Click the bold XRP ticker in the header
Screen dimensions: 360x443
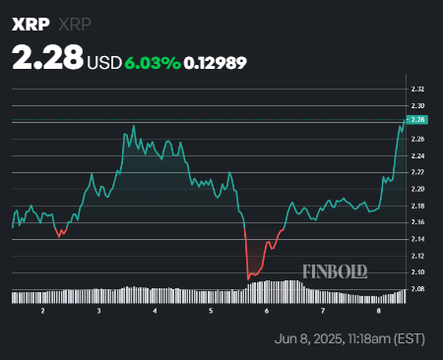click(x=27, y=24)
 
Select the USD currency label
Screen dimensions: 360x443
click(x=104, y=62)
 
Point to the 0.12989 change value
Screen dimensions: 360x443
click(x=215, y=62)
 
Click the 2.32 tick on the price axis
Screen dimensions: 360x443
click(x=417, y=90)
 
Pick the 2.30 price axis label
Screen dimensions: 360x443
click(x=417, y=105)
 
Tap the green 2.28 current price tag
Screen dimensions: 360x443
click(x=417, y=120)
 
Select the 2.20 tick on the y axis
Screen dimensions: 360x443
click(x=417, y=188)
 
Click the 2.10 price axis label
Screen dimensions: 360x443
click(x=417, y=271)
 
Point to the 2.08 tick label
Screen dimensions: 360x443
click(x=417, y=288)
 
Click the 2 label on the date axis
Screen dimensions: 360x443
click(x=43, y=311)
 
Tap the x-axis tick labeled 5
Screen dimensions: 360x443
click(x=211, y=311)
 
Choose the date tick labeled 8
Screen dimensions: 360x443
click(x=379, y=311)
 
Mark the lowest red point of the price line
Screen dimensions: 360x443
click(x=247, y=280)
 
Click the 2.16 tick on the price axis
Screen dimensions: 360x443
click(x=417, y=221)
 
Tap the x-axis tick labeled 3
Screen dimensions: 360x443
click(x=99, y=311)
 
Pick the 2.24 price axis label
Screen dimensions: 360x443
click(x=417, y=154)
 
